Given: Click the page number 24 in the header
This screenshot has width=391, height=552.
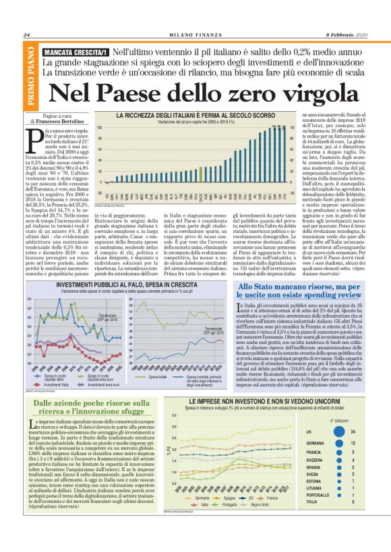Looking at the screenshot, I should (27, 36).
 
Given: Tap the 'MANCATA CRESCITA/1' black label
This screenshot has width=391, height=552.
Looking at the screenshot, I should (75, 52).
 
